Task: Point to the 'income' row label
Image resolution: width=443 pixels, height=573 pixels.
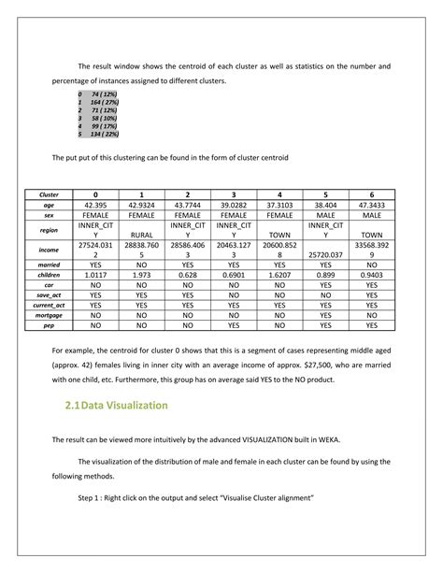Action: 49,250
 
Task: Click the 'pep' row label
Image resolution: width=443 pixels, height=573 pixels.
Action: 49,327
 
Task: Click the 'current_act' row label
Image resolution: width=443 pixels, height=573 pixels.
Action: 49,305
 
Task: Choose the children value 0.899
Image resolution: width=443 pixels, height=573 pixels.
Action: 325,276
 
